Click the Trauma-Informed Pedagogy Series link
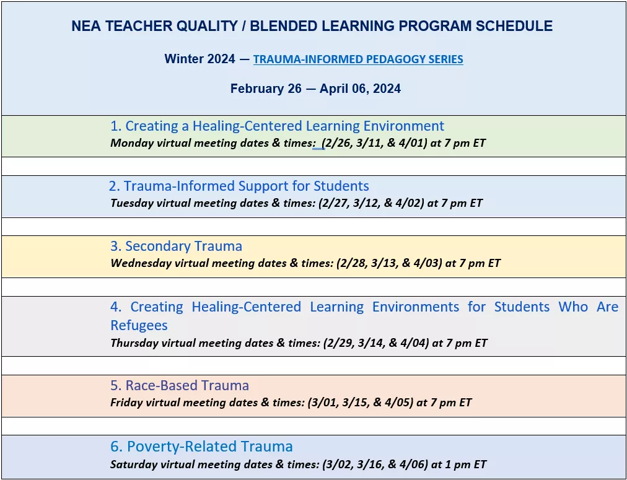[358, 59]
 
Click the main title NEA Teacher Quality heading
[312, 27]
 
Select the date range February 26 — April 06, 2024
[315, 89]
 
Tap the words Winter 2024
[199, 59]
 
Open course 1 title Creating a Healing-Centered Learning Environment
[277, 126]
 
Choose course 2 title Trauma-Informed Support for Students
[239, 186]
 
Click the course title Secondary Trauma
[177, 246]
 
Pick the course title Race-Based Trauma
[180, 385]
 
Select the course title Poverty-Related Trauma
[202, 447]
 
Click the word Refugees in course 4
[139, 325]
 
